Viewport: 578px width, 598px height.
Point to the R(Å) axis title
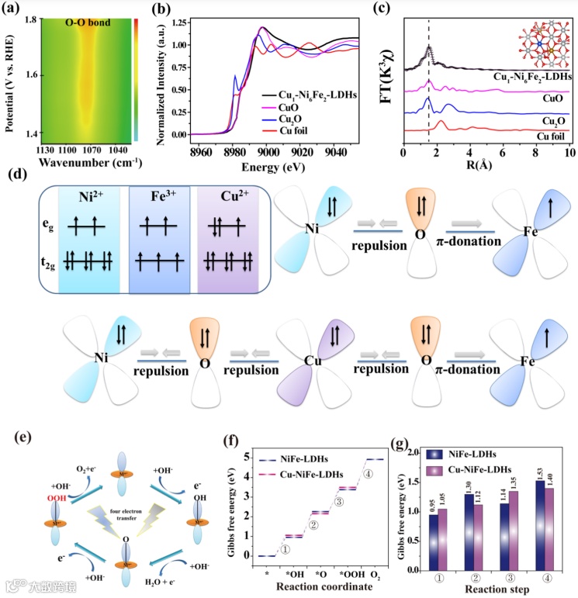pyautogui.click(x=484, y=166)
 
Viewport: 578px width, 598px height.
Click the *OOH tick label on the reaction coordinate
pyautogui.click(x=349, y=572)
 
